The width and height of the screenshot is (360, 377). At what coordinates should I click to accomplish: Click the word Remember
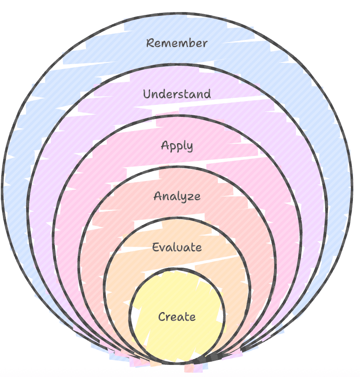coord(177,43)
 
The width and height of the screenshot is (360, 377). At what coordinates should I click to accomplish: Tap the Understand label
coord(177,94)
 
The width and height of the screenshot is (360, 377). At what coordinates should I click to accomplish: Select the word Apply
coord(177,146)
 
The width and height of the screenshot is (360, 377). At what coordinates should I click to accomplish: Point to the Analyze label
coord(177,196)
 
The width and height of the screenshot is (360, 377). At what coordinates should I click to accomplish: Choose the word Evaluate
coord(177,247)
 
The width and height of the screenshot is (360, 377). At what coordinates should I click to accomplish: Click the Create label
coord(177,317)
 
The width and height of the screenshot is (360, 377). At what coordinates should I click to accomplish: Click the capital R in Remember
coord(150,43)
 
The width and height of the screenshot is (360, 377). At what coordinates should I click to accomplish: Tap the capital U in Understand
coord(148,94)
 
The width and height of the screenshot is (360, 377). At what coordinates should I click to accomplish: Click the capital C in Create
coord(163,317)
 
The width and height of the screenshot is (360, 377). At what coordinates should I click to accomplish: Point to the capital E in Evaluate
coord(156,247)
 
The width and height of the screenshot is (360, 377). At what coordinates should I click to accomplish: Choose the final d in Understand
coord(207,94)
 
